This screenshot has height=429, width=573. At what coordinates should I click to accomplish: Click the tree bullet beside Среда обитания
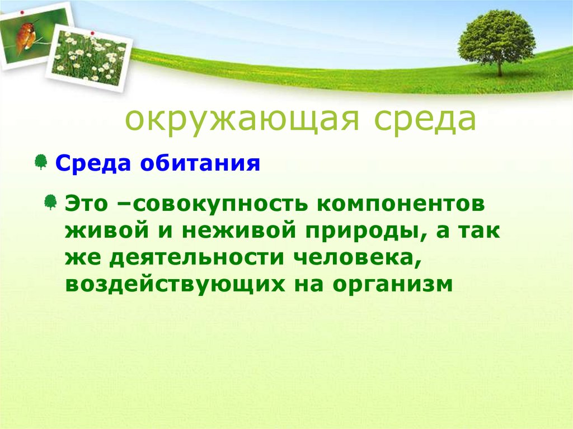coord(40,162)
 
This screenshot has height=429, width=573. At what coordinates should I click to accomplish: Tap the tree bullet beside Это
coord(51,202)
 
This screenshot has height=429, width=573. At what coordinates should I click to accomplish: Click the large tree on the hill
coord(496,36)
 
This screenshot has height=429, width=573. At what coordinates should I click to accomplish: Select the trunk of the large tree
coord(499,68)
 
